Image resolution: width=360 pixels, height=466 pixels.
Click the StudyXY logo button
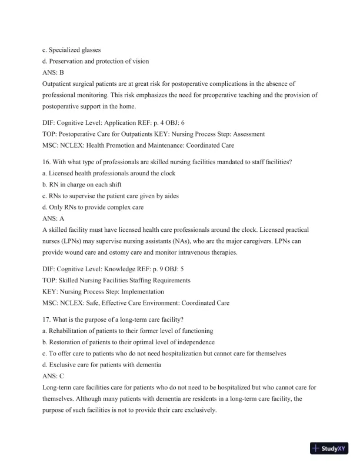(x=329, y=448)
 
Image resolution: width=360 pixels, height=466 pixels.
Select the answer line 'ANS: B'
(x=53, y=73)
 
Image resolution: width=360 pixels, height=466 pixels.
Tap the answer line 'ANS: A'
(x=53, y=218)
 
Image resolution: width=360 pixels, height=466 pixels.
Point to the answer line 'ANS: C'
(x=53, y=375)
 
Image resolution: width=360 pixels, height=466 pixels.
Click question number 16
(x=47, y=162)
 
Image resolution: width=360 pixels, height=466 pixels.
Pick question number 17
(x=47, y=319)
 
